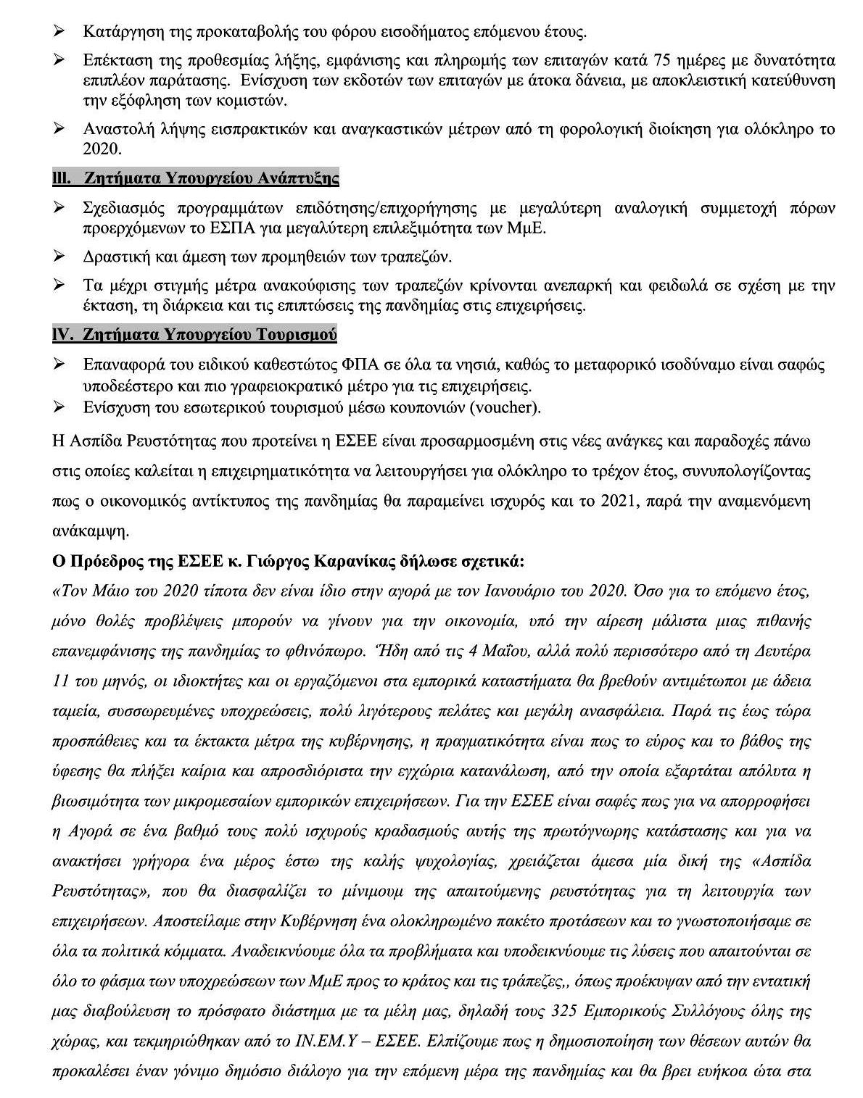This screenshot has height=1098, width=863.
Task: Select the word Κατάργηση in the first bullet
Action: click(x=116, y=32)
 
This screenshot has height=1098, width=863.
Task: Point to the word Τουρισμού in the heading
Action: click(x=297, y=335)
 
